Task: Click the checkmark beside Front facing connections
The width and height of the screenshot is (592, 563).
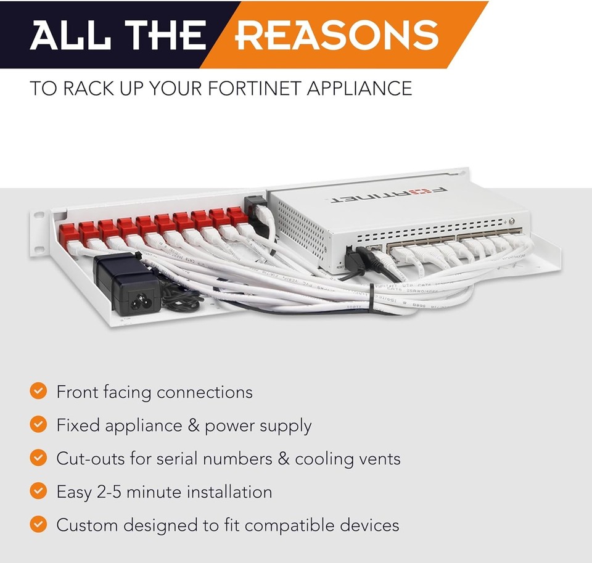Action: (x=38, y=391)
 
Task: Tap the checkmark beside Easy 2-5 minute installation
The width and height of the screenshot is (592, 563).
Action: (x=38, y=491)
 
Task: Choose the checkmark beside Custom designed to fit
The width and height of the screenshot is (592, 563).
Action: (x=38, y=524)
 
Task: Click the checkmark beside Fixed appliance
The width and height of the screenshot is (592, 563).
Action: (x=38, y=424)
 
